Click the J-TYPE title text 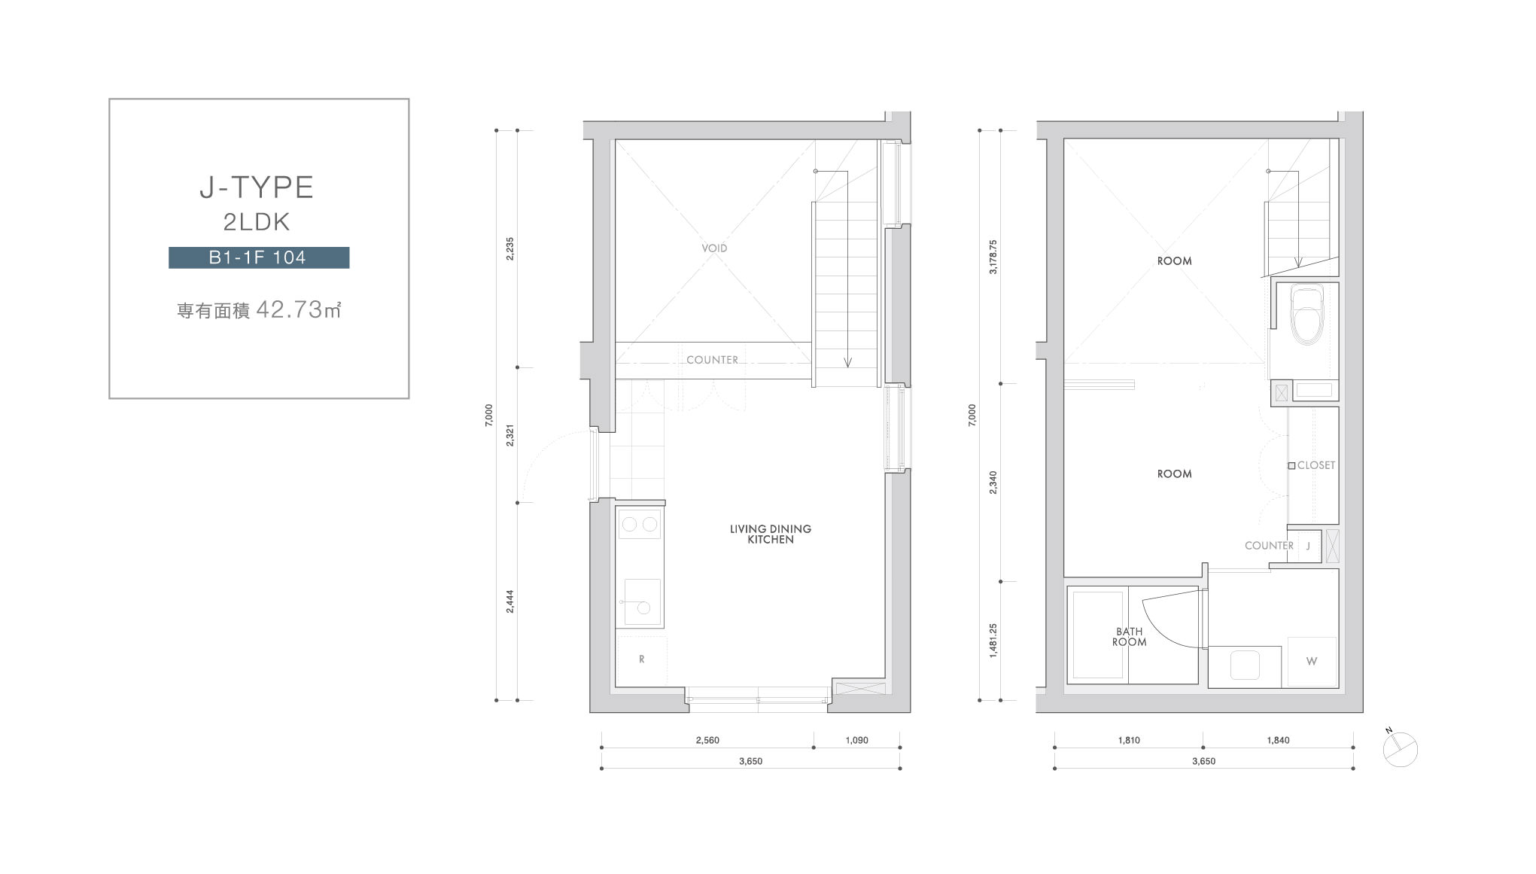[x=257, y=187]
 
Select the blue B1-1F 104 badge [x=259, y=257]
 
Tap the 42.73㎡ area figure [x=299, y=309]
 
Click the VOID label [x=714, y=248]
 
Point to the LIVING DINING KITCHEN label [x=771, y=534]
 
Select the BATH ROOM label [x=1130, y=637]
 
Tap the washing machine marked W [x=1312, y=662]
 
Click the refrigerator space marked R [x=641, y=659]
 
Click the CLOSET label [x=1316, y=465]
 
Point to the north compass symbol [x=1400, y=749]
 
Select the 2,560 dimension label [x=707, y=740]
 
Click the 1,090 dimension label [x=856, y=740]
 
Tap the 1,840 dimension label [x=1278, y=740]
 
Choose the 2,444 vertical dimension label [x=509, y=601]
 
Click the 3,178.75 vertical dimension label [x=993, y=257]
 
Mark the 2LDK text [x=257, y=222]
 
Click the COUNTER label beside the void [x=712, y=360]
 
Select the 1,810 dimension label [x=1129, y=740]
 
